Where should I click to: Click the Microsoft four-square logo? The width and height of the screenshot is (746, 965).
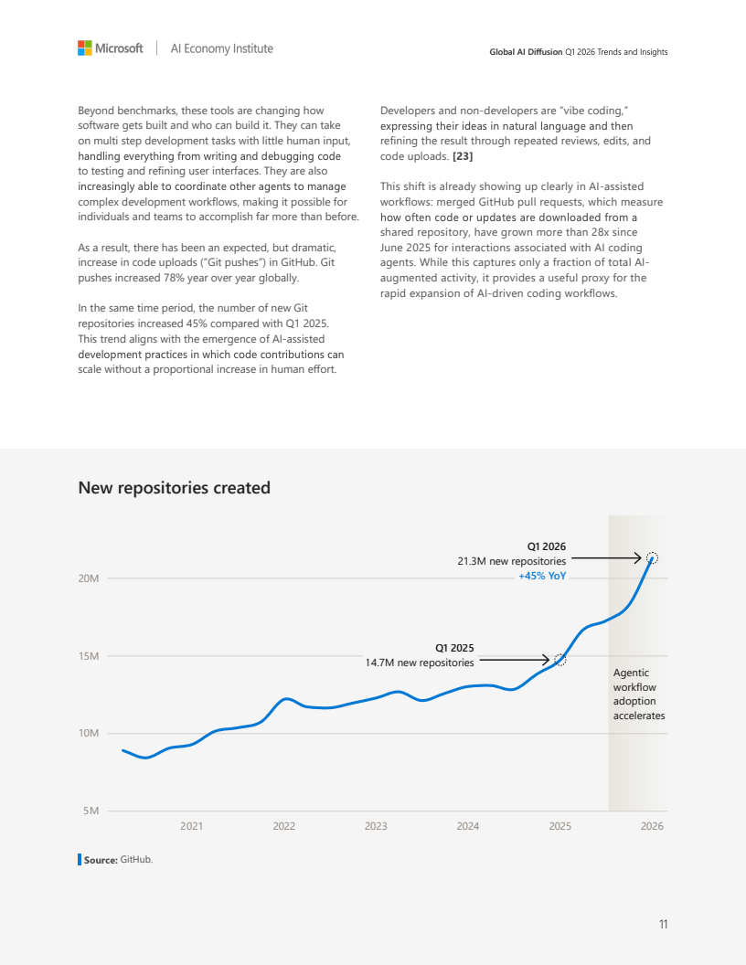(85, 48)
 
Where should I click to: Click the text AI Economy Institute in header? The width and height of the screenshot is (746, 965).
(221, 48)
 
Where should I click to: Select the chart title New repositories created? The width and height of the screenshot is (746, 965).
(175, 487)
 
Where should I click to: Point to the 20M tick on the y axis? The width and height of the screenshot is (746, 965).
(89, 578)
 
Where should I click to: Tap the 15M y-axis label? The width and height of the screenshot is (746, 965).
(89, 656)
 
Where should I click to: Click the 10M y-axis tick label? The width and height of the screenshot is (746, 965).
(89, 733)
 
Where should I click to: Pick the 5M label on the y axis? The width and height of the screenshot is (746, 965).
(91, 811)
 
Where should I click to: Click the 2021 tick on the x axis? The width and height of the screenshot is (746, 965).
(191, 826)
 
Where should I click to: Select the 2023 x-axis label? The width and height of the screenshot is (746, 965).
(376, 826)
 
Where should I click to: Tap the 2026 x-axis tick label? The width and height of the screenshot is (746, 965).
(652, 826)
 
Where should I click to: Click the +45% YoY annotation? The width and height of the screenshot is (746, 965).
(542, 576)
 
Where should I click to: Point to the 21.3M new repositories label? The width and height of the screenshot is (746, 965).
(511, 561)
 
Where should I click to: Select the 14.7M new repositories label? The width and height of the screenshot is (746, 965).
(420, 663)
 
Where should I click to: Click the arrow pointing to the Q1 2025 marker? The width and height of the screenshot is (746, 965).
(515, 660)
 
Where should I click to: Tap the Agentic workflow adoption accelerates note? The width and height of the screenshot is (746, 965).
(639, 695)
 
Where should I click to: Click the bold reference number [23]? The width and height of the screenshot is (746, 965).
(463, 156)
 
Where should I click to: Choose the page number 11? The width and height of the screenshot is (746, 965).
(663, 924)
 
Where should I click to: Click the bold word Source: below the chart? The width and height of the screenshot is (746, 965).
(101, 860)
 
